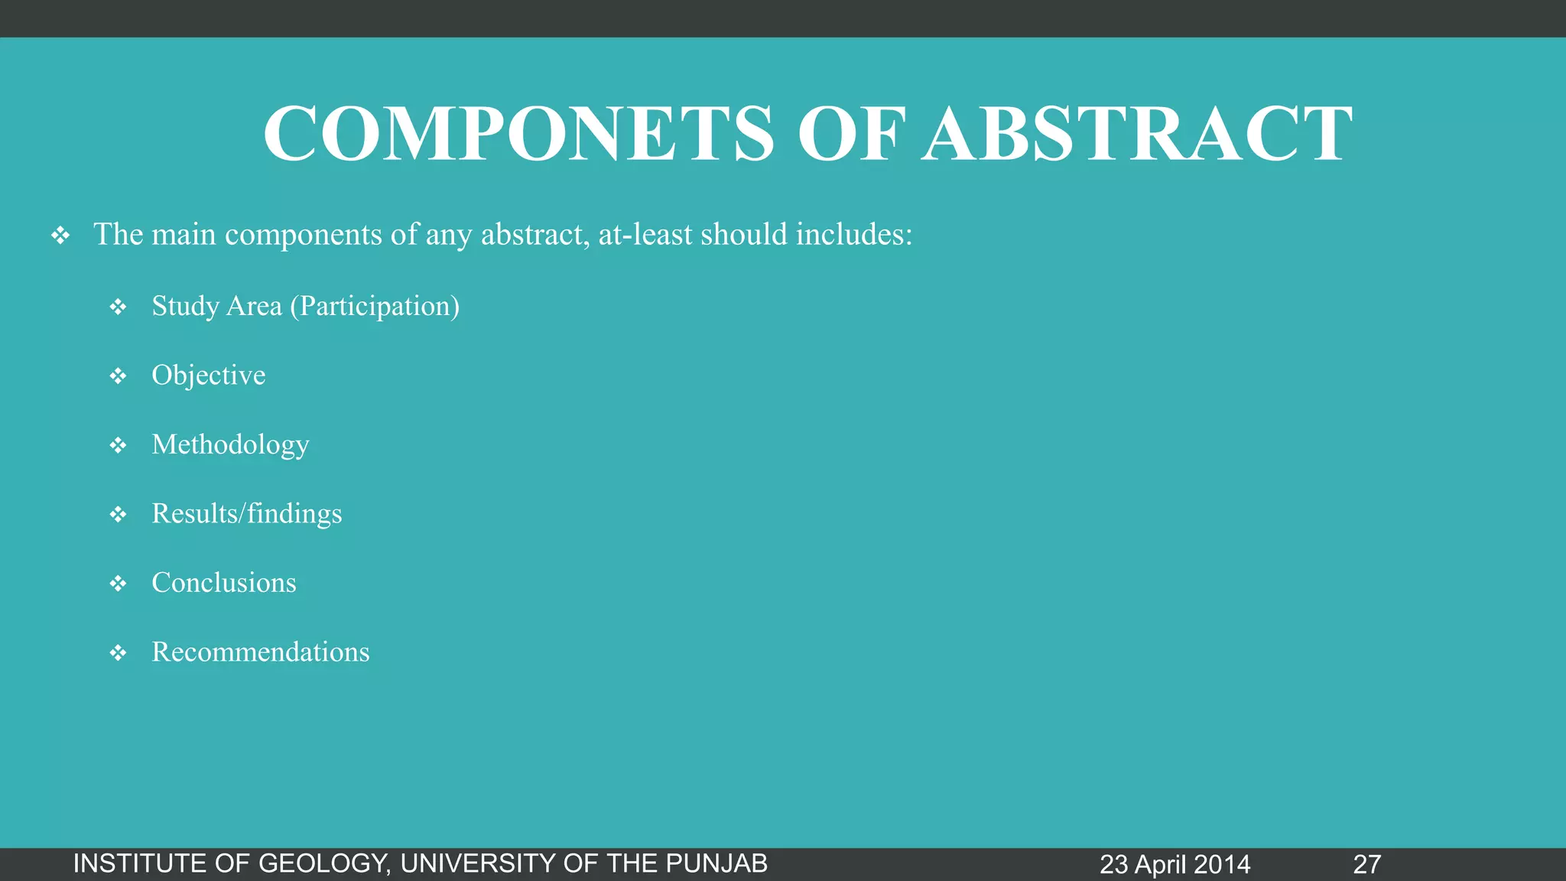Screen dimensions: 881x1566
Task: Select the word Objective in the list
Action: pyautogui.click(x=208, y=375)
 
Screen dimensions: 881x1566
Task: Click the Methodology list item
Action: pyautogui.click(x=230, y=445)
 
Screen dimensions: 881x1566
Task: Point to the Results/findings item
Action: pyautogui.click(x=246, y=514)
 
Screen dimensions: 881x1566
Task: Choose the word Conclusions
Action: pyautogui.click(x=223, y=583)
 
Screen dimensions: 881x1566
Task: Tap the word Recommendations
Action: pyautogui.click(x=260, y=652)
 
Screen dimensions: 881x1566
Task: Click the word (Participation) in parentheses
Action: pyautogui.click(x=375, y=307)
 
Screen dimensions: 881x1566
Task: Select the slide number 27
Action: pyautogui.click(x=1366, y=864)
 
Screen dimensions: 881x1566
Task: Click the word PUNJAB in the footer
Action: pyautogui.click(x=716, y=863)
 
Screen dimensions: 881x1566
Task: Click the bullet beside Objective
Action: pyautogui.click(x=118, y=376)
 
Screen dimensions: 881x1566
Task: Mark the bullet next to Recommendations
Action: pyautogui.click(x=118, y=653)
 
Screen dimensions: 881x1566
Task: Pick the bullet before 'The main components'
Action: pyautogui.click(x=60, y=236)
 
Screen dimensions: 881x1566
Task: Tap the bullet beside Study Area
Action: pyautogui.click(x=118, y=307)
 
